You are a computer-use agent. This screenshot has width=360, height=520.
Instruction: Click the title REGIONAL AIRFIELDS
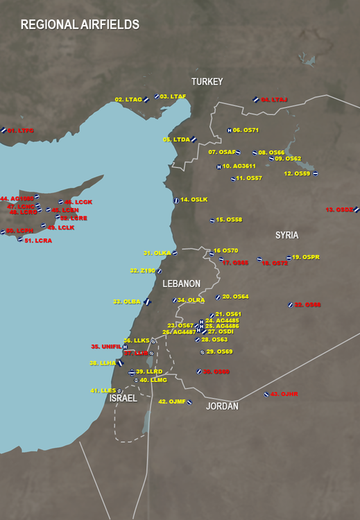[80, 25]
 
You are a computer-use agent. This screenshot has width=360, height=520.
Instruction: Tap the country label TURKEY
[207, 82]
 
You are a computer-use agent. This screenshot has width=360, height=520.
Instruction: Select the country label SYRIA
[286, 236]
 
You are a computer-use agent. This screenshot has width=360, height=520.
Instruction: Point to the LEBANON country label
[181, 284]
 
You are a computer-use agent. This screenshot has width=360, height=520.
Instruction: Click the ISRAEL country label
[123, 399]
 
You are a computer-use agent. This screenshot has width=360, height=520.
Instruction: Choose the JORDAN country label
[222, 406]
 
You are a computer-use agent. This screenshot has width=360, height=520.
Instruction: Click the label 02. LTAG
[128, 100]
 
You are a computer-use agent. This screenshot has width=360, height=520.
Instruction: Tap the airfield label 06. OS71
[246, 130]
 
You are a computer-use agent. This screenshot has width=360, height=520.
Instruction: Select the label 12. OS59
[297, 173]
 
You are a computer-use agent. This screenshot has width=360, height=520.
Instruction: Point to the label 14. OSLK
[194, 200]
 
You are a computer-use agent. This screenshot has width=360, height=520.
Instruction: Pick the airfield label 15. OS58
[229, 220]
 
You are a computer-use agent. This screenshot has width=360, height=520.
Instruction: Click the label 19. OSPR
[306, 257]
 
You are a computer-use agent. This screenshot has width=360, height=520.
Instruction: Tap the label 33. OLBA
[126, 302]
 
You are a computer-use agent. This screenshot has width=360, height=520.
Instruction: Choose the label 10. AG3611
[239, 166]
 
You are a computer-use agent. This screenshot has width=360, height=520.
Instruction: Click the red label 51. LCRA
[38, 241]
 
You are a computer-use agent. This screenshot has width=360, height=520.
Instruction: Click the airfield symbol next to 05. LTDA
[194, 139]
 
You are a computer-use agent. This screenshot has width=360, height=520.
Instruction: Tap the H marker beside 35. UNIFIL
[125, 347]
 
